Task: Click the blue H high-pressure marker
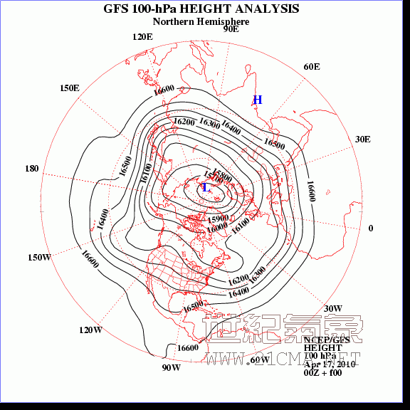(258, 100)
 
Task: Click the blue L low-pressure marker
(206, 188)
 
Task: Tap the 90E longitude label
(231, 29)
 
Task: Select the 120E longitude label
(142, 37)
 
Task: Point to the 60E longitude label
(312, 67)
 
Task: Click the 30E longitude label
(362, 139)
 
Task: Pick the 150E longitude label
(69, 88)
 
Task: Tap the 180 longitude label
(31, 169)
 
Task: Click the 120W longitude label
(90, 330)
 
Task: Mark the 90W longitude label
(171, 368)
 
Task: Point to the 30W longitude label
(333, 308)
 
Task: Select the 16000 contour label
(217, 227)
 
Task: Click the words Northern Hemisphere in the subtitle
(201, 21)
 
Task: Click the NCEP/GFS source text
(322, 340)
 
